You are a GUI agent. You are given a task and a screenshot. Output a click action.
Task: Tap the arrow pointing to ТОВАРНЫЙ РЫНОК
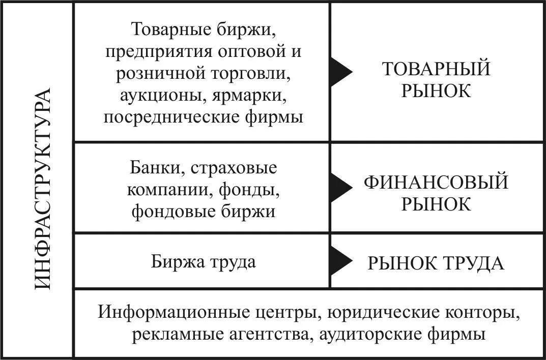(340, 72)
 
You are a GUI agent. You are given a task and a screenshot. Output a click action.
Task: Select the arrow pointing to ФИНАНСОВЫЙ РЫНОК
(340, 187)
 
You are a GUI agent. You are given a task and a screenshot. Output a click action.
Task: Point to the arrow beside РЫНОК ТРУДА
(340, 261)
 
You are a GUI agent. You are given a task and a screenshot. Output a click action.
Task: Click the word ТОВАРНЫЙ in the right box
(436, 69)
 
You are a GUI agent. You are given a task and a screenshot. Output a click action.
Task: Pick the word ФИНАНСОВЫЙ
(436, 182)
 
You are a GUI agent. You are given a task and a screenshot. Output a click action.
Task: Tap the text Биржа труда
(204, 262)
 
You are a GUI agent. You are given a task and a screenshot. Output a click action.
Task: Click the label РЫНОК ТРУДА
(436, 263)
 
